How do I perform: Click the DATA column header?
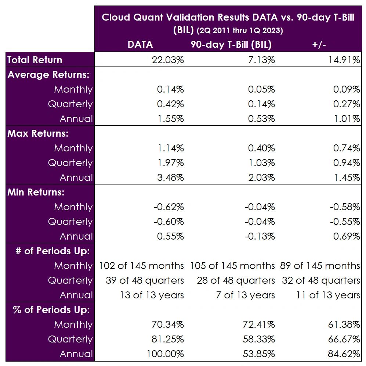pos(140,44)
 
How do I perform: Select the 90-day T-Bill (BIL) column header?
pos(231,44)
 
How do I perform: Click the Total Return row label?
pos(35,60)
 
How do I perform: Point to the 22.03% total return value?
pos(168,60)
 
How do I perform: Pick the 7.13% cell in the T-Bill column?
pos(261,60)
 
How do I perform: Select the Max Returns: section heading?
pos(38,133)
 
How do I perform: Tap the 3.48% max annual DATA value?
pos(170,177)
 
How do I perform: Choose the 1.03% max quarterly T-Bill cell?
pos(261,163)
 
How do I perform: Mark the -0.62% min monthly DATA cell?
pos(168,207)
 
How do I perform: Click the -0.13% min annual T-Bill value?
pos(260,236)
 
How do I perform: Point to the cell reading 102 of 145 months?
pos(141,266)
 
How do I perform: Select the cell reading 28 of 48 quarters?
pos(236,280)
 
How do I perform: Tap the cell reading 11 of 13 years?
pos(328,295)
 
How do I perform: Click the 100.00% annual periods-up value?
pos(166,354)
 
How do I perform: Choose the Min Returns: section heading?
pos(36,192)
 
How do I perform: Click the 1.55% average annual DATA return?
pos(170,119)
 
